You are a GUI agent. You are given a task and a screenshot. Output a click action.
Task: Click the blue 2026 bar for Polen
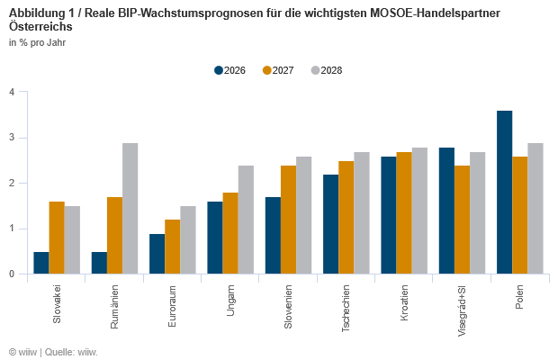click(505, 193)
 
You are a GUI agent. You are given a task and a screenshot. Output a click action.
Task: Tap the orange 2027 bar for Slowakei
click(57, 238)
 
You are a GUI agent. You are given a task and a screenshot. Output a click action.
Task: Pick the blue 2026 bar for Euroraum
click(157, 254)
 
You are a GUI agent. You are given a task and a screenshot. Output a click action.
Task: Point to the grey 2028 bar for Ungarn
click(246, 220)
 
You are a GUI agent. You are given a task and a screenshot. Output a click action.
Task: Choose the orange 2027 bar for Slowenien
click(288, 220)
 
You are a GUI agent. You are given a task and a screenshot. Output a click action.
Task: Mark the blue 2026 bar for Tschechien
click(330, 224)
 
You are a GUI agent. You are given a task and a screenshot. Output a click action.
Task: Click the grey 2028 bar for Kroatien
click(419, 211)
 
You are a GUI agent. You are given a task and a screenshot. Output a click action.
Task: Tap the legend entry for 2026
click(229, 70)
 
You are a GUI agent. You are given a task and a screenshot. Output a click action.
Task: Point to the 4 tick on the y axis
click(12, 92)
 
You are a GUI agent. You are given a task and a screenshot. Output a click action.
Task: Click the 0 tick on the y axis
click(12, 274)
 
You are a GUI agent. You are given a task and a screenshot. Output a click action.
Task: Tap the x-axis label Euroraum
click(172, 306)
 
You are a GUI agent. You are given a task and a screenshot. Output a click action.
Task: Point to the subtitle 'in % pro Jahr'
click(37, 42)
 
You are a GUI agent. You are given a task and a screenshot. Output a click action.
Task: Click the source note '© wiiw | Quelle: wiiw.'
click(53, 352)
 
